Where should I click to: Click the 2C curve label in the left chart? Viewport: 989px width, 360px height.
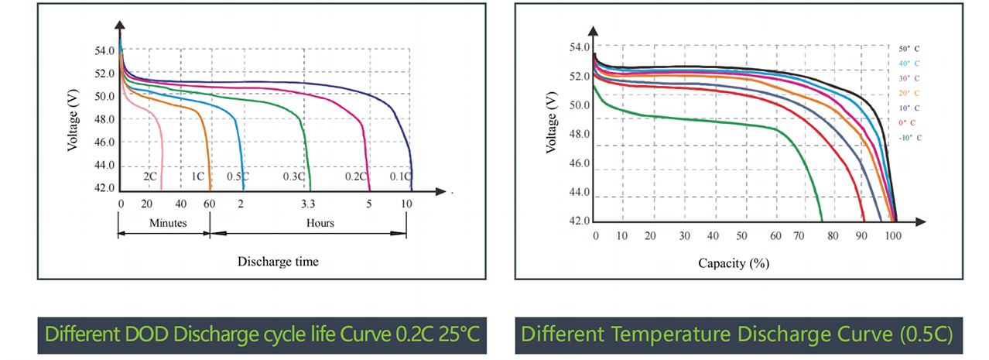pos(150,177)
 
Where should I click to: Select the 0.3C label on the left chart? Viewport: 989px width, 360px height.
pos(293,177)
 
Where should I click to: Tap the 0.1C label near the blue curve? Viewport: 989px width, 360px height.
pos(400,177)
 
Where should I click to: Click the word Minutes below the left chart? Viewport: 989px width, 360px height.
pos(168,223)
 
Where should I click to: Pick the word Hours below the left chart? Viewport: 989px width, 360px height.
pos(320,223)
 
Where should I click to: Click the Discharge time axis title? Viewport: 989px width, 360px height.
pos(278,262)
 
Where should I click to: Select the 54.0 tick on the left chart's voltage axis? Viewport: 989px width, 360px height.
pos(104,51)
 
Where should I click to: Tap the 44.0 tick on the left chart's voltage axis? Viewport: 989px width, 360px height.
pos(104,166)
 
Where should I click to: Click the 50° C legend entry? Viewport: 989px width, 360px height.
pos(909,48)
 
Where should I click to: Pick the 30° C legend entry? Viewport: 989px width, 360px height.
pos(909,78)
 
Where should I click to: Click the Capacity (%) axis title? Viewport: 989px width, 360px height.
pos(733,263)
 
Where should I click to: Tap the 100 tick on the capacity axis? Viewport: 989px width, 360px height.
pos(892,236)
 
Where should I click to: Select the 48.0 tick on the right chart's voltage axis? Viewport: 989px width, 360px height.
pos(580,135)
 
